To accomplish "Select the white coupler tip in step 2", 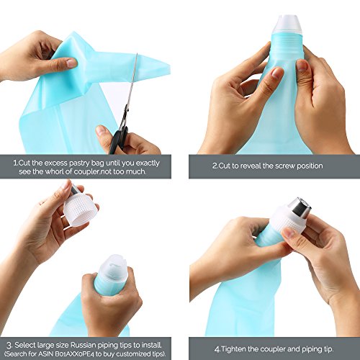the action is [288, 24].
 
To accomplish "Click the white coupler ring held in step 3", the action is [81, 208].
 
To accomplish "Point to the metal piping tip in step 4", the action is [301, 207].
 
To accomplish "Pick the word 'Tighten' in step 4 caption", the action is [234, 349].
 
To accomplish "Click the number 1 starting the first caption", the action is [15, 163].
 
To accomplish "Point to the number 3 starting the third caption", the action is [9, 346].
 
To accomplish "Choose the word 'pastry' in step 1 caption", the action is [80, 163].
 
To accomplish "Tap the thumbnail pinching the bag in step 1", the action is [71, 63].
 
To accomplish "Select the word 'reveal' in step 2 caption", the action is [251, 166].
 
